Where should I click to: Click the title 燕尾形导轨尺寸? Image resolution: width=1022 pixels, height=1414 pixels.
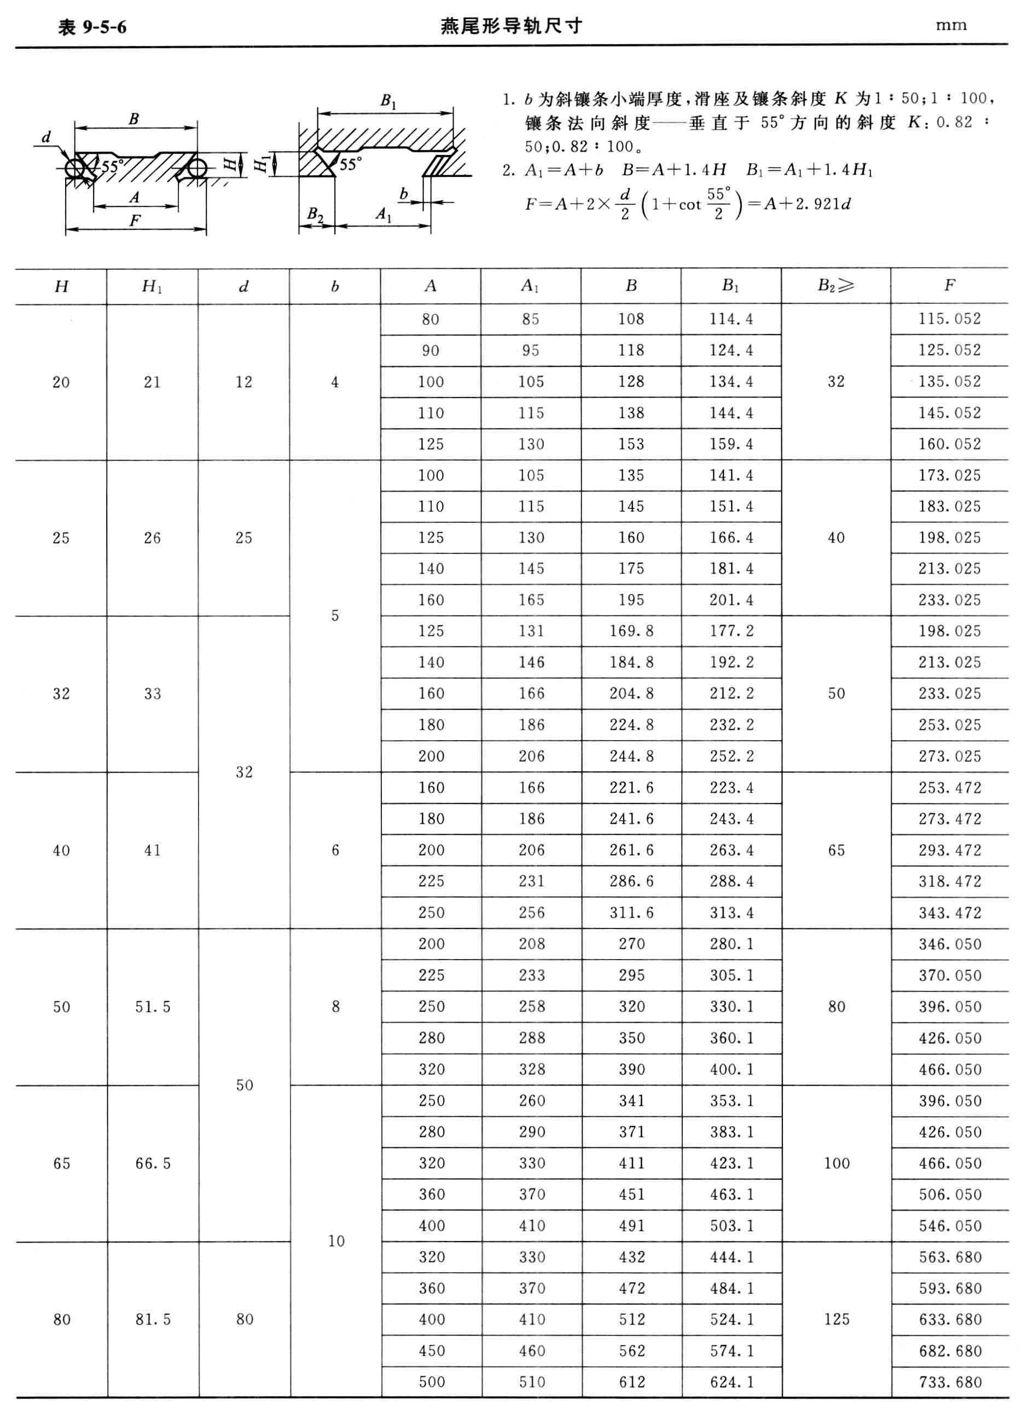(511, 26)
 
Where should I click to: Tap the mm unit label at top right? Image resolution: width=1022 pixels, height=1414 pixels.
(950, 26)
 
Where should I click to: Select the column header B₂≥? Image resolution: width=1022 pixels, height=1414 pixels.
(835, 286)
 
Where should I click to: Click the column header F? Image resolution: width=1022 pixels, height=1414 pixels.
(949, 286)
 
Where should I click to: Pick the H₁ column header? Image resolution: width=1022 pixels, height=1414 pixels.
(153, 286)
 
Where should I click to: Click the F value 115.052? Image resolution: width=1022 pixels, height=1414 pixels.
(949, 319)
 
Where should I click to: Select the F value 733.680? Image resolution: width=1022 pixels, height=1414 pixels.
(950, 1382)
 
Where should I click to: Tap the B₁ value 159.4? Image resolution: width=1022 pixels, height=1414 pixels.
(731, 444)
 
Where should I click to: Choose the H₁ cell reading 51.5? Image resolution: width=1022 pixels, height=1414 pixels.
(153, 1007)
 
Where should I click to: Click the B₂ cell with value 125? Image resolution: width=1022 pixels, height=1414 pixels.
(837, 1319)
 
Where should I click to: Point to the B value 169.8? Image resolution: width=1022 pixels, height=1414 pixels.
(631, 631)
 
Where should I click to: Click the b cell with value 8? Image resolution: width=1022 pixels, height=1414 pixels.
(335, 1007)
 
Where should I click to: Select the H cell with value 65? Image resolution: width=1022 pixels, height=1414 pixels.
(62, 1163)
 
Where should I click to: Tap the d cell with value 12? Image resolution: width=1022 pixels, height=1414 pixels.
(243, 382)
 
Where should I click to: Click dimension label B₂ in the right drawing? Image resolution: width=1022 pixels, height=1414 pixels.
(315, 215)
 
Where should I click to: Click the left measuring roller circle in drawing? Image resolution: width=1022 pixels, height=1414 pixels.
(75, 169)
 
